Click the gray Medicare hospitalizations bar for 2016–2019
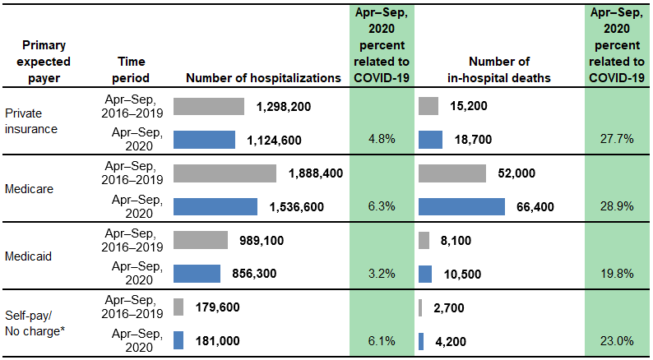pyautogui.click(x=225, y=173)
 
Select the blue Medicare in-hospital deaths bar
pyautogui.click(x=461, y=206)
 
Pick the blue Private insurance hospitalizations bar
pyautogui.click(x=204, y=140)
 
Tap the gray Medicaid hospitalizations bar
pyautogui.click(x=201, y=240)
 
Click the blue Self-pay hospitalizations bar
pyautogui.click(x=178, y=340)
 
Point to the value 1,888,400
pyautogui.click(x=315, y=173)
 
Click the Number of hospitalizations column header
pyautogui.click(x=263, y=78)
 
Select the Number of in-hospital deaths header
pyautogui.click(x=498, y=70)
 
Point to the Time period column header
pyautogui.click(x=133, y=70)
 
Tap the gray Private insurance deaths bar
pyautogui.click(x=428, y=106)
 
